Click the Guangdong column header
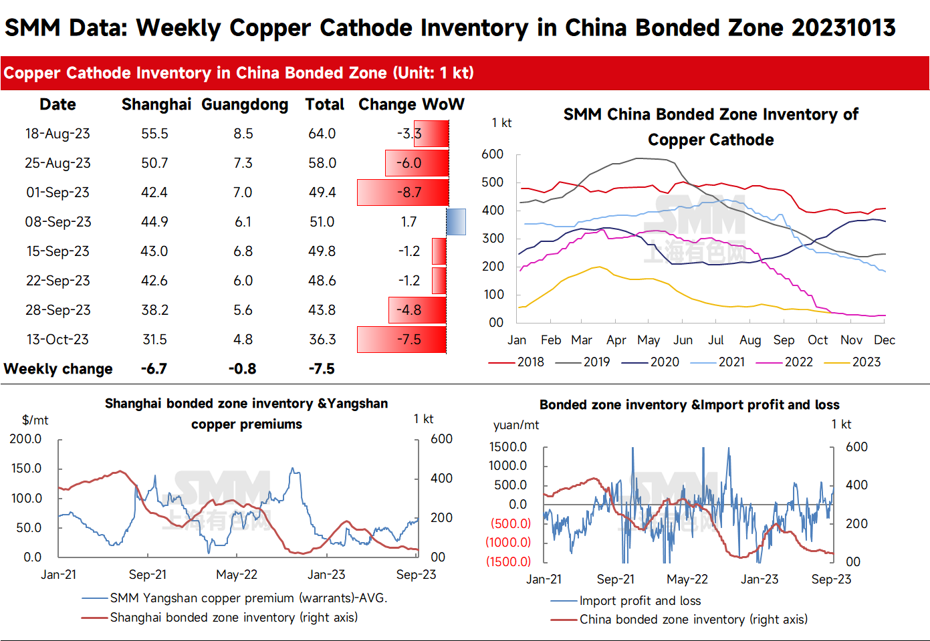point(245,105)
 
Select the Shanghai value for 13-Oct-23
point(154,339)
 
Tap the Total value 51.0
point(322,222)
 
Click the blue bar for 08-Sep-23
point(456,222)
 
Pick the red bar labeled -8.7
point(402,193)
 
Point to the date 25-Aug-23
point(57,162)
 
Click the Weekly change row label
point(58,369)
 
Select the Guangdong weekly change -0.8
point(243,369)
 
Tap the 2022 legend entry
point(784,362)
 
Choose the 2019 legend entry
point(582,362)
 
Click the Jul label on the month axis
point(716,340)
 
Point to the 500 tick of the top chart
point(492,182)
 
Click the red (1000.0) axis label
point(508,542)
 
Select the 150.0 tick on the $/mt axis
point(26,469)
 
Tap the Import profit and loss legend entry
point(625,601)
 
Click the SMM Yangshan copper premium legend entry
point(235,598)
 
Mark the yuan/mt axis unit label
point(516,424)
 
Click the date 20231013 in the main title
point(843,28)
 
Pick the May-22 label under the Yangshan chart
point(237,575)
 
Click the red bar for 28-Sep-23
point(417,309)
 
